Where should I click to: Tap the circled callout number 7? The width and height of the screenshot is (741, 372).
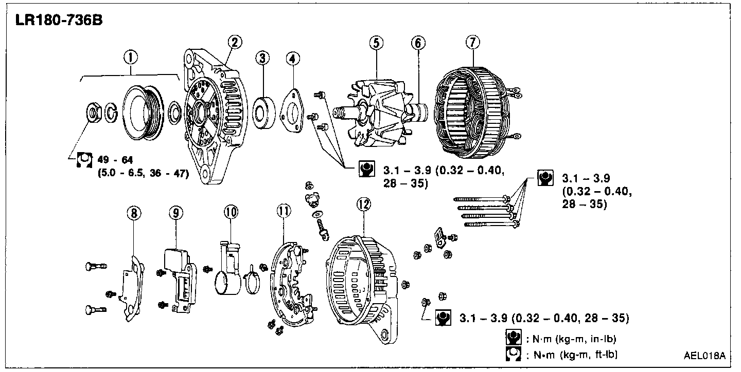[x=472, y=43]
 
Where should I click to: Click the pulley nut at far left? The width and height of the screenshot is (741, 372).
[x=93, y=111]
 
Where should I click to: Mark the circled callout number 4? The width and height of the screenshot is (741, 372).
[x=292, y=59]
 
